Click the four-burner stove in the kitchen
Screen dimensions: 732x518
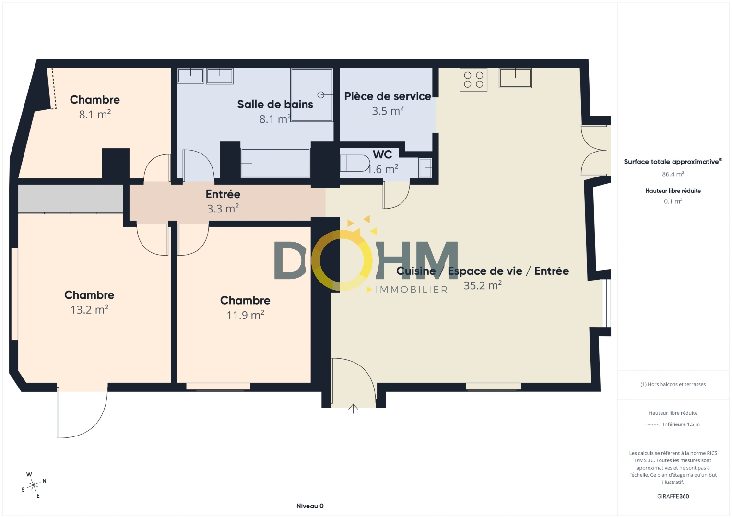point(473,80)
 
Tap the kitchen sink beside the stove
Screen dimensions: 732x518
point(515,78)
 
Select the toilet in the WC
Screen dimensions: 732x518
point(354,163)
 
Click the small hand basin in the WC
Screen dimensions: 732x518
point(425,168)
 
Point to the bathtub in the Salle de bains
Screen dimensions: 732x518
point(275,163)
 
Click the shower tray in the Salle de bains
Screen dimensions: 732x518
point(312,95)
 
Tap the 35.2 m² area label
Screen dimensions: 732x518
point(483,285)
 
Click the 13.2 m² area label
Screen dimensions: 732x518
point(90,309)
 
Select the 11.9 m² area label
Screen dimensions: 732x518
point(246,315)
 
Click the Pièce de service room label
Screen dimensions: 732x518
point(388,96)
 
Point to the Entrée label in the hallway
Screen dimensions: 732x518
point(223,194)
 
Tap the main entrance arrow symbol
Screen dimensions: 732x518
point(353,409)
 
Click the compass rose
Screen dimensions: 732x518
point(34,485)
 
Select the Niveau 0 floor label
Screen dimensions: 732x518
point(310,506)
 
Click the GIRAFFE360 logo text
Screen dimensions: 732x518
point(673,496)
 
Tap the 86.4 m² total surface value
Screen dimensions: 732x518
point(673,174)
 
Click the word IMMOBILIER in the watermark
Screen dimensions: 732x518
point(412,290)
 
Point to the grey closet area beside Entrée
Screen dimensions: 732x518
point(71,199)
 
